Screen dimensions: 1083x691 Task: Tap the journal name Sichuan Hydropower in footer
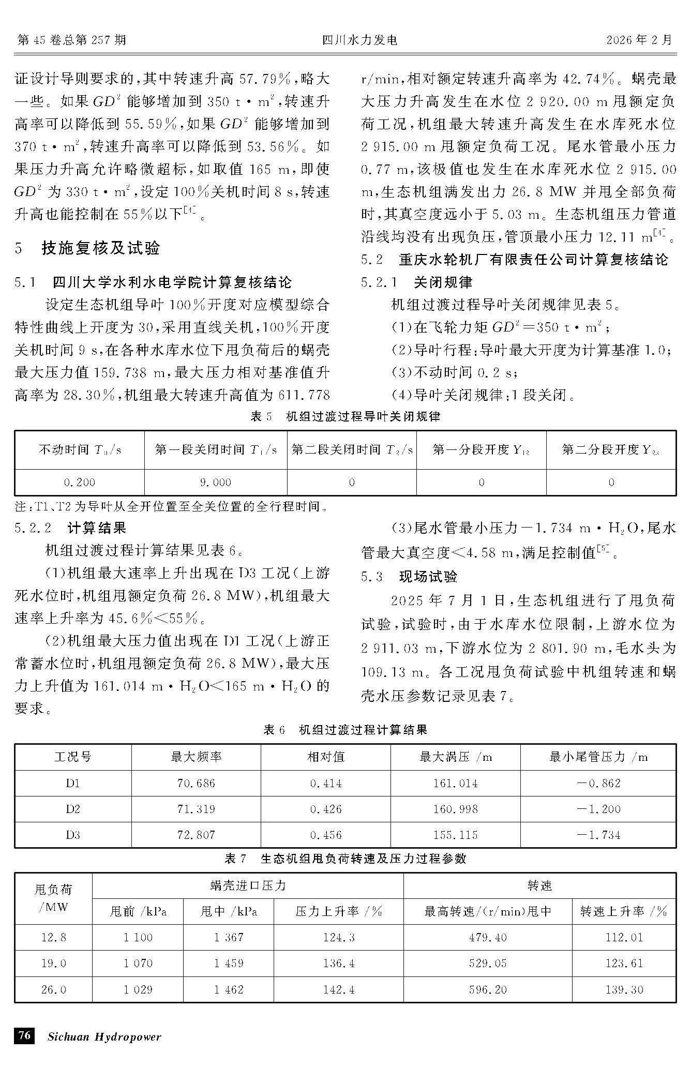click(x=104, y=1036)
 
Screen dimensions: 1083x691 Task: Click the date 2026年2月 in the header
click(x=639, y=40)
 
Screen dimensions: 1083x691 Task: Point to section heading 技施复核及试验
click(x=100, y=248)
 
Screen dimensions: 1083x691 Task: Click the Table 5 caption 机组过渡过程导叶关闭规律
click(x=345, y=416)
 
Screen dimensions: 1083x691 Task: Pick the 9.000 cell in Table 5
click(x=215, y=483)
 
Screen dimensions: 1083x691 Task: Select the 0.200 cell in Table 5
click(x=80, y=483)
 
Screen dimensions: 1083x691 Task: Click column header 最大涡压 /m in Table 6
click(x=455, y=757)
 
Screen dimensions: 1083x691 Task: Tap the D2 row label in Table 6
click(x=73, y=809)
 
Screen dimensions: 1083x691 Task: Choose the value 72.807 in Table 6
click(x=196, y=835)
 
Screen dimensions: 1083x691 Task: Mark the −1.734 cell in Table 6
click(x=598, y=835)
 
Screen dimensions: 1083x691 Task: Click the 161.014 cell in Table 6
click(x=455, y=784)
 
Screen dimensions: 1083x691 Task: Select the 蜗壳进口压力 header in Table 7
click(x=248, y=885)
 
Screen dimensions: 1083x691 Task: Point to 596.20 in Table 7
click(x=488, y=989)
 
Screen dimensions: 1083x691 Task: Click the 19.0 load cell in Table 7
click(x=53, y=964)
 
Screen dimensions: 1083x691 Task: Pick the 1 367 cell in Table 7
click(x=228, y=937)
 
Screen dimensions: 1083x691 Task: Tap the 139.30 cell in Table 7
click(x=624, y=989)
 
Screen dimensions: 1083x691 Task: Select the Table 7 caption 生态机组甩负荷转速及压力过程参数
click(x=345, y=859)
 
